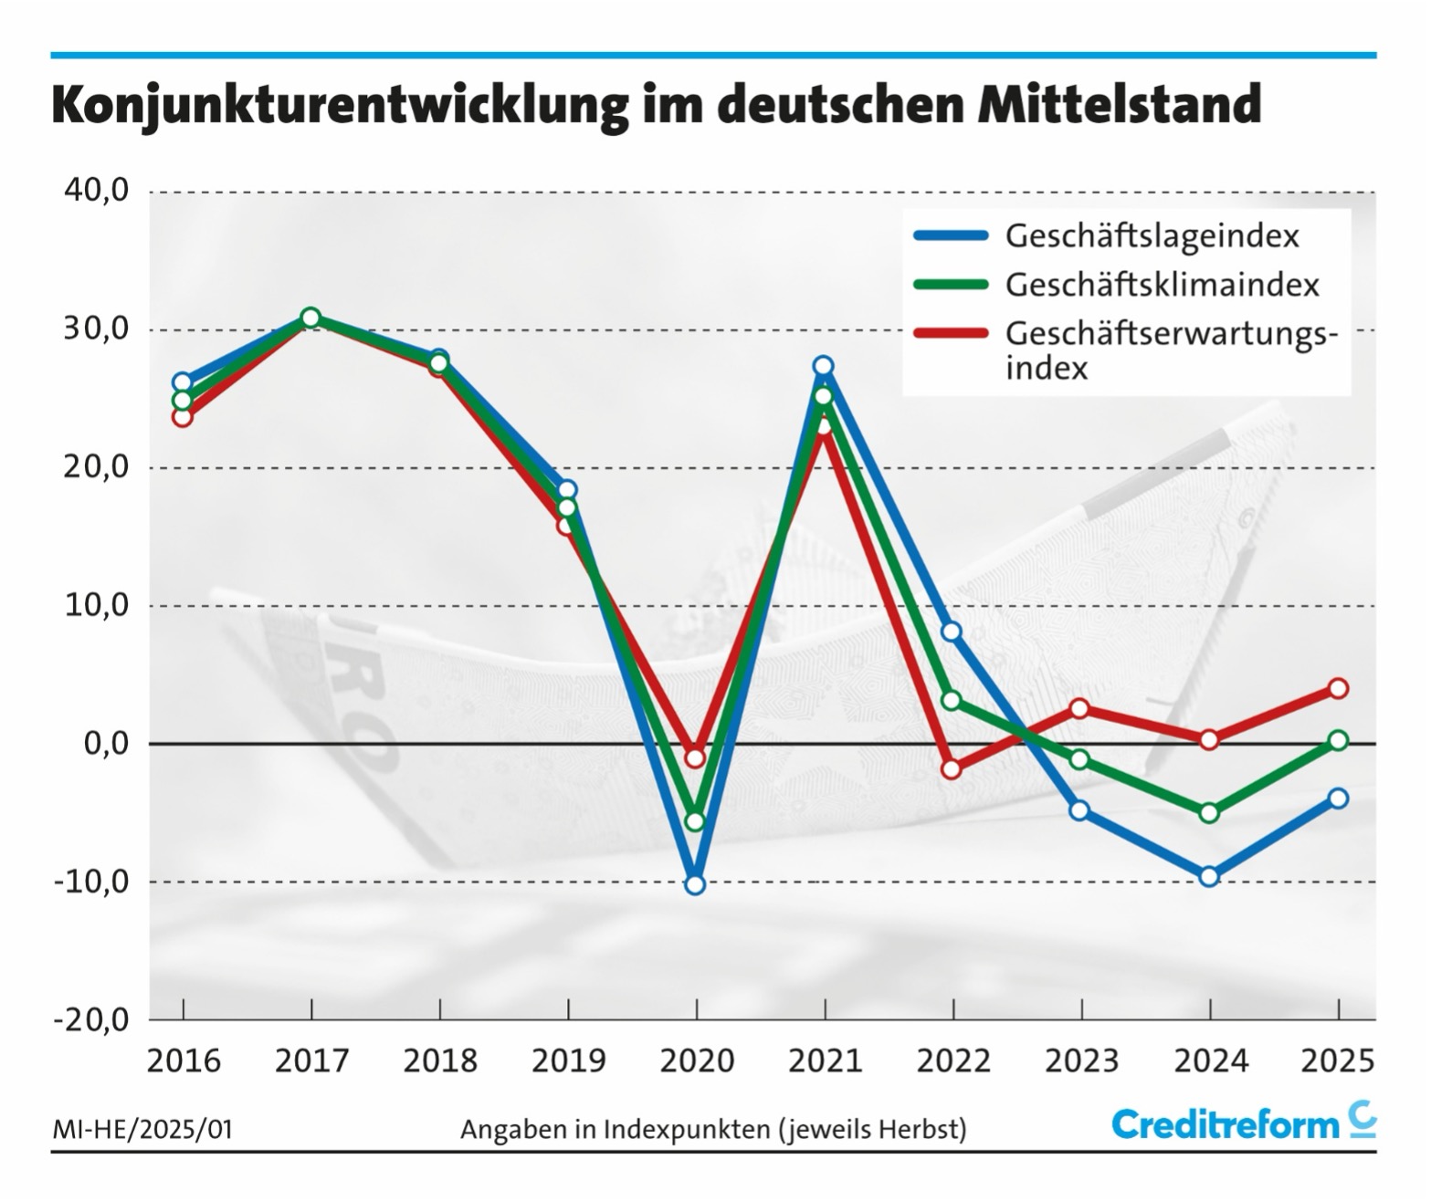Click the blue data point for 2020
click(695, 884)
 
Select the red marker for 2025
click(1338, 688)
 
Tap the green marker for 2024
click(1209, 812)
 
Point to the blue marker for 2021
click(824, 366)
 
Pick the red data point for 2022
click(952, 769)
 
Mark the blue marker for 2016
click(183, 381)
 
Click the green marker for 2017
click(310, 318)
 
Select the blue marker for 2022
click(952, 632)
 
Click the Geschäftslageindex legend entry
click(1152, 235)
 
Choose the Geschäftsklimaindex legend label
click(1162, 285)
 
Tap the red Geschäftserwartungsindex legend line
click(951, 333)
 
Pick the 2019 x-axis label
click(568, 1061)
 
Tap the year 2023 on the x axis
click(1081, 1061)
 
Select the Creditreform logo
click(1243, 1124)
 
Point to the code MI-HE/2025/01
click(142, 1130)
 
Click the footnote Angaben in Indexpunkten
click(712, 1130)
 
